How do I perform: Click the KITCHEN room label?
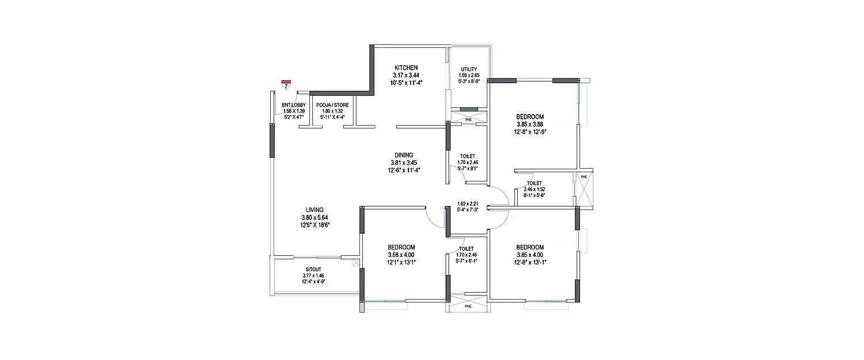coord(406,67)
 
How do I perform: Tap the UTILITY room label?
coord(469,69)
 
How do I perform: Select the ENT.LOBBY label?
coord(294,105)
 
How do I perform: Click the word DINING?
coord(404,155)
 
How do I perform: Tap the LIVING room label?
coord(314,209)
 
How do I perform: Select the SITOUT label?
coord(313,270)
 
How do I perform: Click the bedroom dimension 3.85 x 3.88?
coord(529,124)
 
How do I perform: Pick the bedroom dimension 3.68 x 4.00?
coord(401,255)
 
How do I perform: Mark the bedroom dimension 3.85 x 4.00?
coord(529,255)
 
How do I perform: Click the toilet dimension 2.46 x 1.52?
coord(534,189)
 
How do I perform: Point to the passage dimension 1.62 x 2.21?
coord(468,203)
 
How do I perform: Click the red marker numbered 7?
coord(286,85)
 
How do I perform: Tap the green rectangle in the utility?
coord(469,109)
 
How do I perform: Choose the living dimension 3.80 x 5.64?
coord(314,217)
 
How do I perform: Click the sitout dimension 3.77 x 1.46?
coord(313,276)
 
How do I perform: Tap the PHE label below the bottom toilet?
coord(468,306)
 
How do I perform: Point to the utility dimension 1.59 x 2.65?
coord(469,75)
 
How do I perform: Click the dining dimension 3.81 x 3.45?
coord(404,162)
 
